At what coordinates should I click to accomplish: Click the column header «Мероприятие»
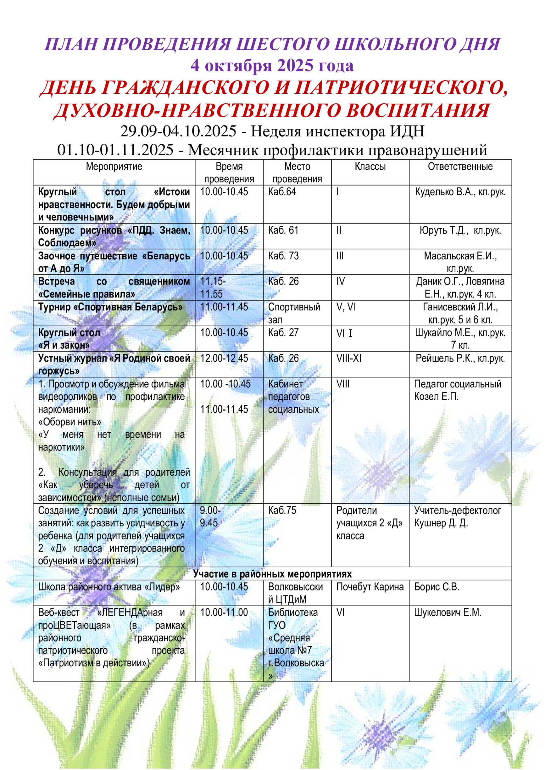(114, 166)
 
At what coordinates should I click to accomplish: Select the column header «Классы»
(370, 166)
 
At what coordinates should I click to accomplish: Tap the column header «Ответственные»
(460, 166)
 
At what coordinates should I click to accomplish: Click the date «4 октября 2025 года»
(272, 65)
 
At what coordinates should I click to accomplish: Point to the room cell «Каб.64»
(282, 192)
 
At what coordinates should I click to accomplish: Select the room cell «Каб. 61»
(283, 230)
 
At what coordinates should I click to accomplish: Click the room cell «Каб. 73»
(283, 256)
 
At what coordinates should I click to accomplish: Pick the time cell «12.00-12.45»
(224, 358)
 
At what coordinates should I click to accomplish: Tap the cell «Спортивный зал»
(294, 313)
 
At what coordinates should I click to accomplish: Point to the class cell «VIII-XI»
(349, 358)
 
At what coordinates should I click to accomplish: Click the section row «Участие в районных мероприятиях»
(272, 574)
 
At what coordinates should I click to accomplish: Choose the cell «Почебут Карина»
(370, 587)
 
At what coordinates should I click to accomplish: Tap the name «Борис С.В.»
(436, 587)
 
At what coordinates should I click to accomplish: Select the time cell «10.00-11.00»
(224, 612)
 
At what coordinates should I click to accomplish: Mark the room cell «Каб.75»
(282, 510)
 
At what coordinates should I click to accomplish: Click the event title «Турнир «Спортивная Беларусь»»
(110, 307)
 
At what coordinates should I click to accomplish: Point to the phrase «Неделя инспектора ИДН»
(337, 131)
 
